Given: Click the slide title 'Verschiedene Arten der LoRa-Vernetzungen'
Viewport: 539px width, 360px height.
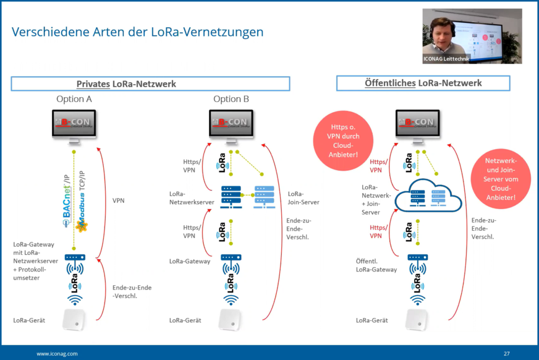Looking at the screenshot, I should coord(137,32).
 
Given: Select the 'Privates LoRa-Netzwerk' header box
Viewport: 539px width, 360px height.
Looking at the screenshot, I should coord(150,84).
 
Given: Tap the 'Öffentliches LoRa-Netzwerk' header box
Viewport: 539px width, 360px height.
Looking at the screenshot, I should coord(423,83).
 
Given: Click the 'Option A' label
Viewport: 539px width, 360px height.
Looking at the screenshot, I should coord(74,99).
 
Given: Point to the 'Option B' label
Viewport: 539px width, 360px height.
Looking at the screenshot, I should coord(231,99).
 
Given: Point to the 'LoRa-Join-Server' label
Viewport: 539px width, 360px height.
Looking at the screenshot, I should coord(303,198).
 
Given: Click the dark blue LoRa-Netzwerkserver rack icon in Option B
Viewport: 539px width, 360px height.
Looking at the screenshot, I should coord(231,195).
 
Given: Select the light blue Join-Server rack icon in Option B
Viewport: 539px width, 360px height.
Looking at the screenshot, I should coord(263,195).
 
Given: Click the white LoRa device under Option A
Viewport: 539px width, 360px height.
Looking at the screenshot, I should coord(74,319).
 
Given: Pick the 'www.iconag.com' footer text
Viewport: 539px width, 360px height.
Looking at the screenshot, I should coord(57,353).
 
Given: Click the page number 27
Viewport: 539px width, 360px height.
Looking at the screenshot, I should coord(506,353).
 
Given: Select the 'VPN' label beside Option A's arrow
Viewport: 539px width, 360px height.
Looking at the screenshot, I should coord(119,201).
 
